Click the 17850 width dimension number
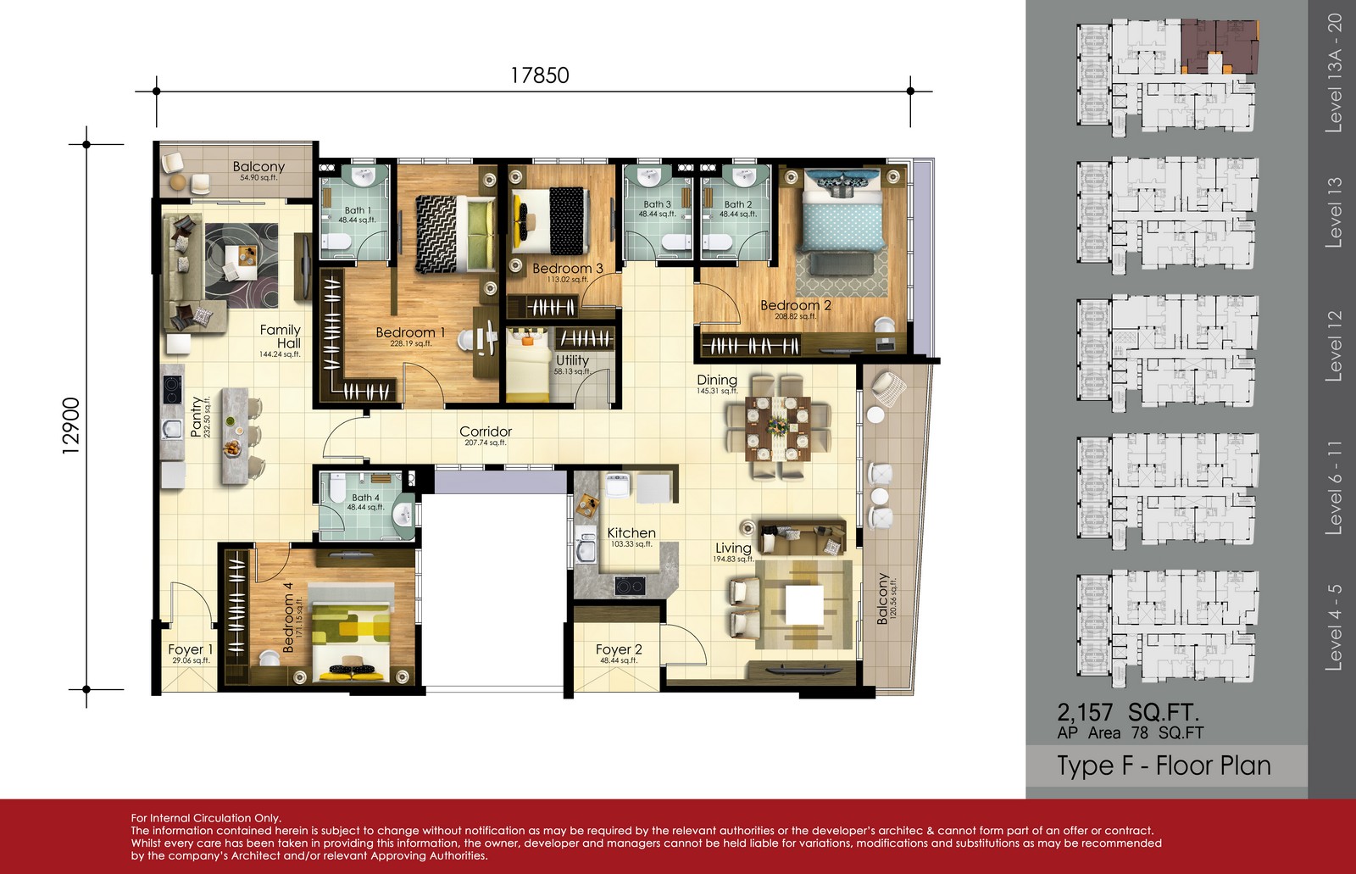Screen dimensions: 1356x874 (539, 75)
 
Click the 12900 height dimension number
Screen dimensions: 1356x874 (71, 426)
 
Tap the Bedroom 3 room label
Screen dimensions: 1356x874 (567, 269)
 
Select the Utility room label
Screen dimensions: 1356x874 (572, 360)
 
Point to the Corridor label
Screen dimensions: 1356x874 (486, 431)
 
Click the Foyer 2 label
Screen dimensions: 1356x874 (619, 649)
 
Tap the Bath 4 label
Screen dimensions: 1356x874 (365, 498)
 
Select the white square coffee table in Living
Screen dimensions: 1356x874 (804, 604)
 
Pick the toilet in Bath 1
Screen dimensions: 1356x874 (336, 243)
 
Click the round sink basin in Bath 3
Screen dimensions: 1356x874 (648, 176)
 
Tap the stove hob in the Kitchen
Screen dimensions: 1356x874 (630, 585)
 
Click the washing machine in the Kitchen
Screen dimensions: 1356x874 (618, 486)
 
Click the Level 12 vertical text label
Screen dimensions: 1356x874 (1334, 346)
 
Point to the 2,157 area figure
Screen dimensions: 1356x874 (1085, 712)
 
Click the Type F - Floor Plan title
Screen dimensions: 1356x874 (1164, 765)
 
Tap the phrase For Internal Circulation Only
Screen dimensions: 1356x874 (206, 818)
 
